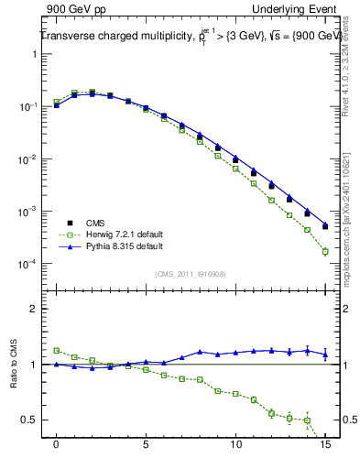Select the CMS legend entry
94,223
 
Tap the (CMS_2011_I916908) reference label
190,274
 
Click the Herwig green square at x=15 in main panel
325,251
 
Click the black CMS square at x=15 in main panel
325,226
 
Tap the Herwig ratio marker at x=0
57,350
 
